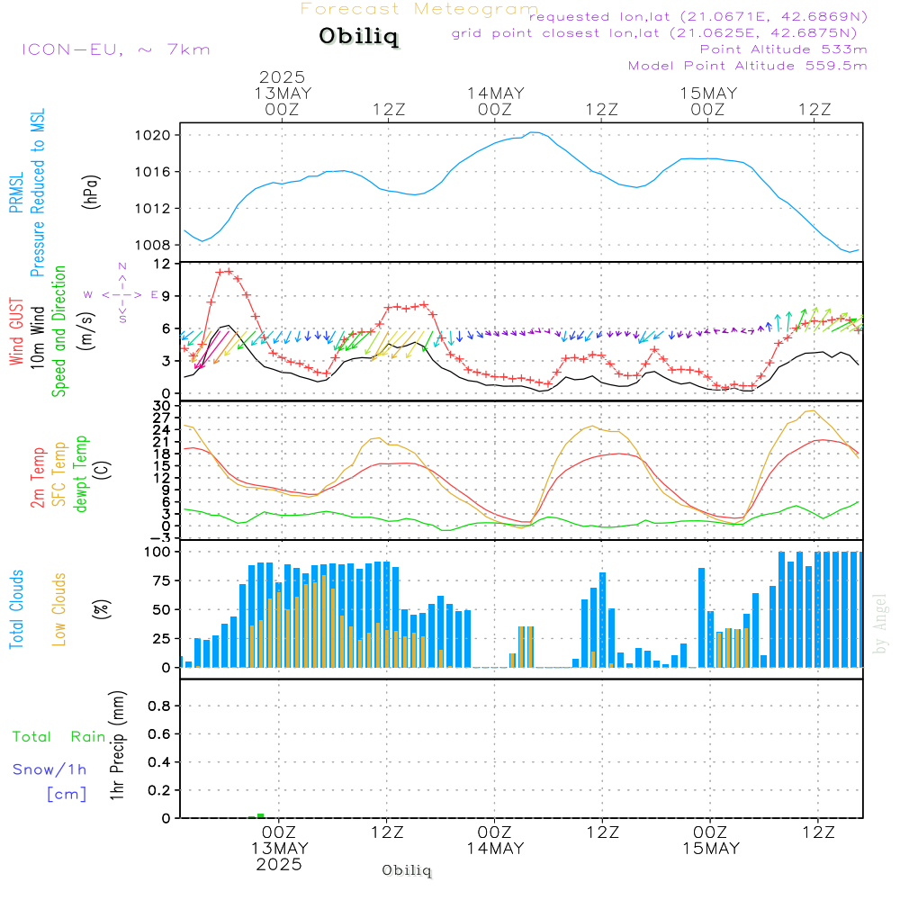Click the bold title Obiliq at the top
(x=357, y=37)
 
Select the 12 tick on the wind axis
(x=163, y=264)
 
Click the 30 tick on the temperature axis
(x=163, y=405)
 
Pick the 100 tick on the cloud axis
(x=158, y=552)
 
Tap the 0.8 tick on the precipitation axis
(x=160, y=706)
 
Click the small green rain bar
(x=260, y=815)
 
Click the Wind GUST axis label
(x=16, y=333)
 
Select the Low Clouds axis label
(x=60, y=609)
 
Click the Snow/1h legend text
(x=50, y=769)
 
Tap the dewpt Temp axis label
(x=82, y=474)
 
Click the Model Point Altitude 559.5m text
(x=747, y=66)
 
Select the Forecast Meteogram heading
(x=419, y=9)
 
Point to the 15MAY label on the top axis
(x=708, y=94)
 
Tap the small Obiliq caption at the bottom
(x=407, y=870)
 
